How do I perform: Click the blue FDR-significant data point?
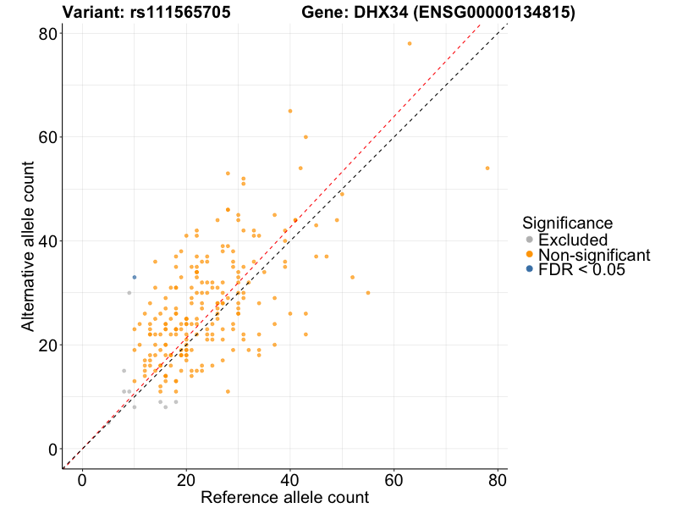click(x=134, y=277)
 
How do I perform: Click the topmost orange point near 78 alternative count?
click(x=410, y=43)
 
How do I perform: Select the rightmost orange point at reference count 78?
click(x=487, y=168)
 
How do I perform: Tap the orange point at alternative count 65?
click(x=290, y=111)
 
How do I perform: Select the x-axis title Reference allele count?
click(x=284, y=497)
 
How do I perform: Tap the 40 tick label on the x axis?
click(x=290, y=479)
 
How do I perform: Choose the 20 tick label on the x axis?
click(x=186, y=479)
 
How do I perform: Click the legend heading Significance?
click(x=567, y=224)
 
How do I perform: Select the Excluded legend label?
click(x=573, y=240)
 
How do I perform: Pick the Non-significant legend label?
click(x=594, y=255)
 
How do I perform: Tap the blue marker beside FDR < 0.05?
click(x=530, y=269)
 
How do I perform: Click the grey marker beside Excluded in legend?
click(x=530, y=240)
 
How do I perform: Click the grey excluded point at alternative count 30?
click(x=129, y=293)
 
